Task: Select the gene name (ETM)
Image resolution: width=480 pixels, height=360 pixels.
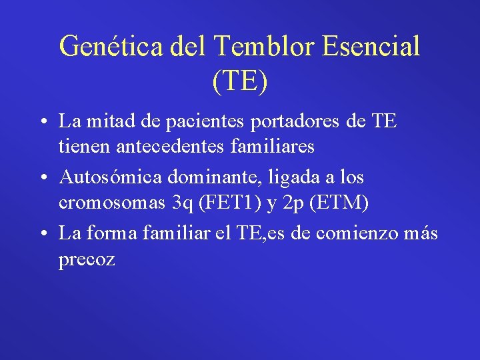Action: pos(341,202)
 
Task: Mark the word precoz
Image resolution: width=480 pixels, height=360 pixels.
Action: pos(87,259)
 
